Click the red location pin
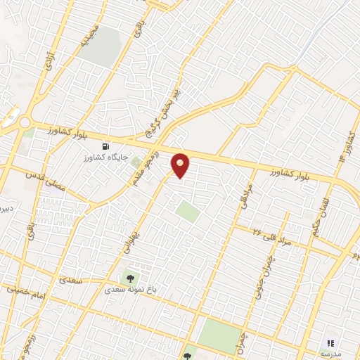point(181,165)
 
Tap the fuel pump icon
point(105,146)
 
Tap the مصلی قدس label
point(44,179)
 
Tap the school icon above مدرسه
point(329,342)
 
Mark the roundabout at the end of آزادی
point(26,123)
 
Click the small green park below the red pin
point(187,211)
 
